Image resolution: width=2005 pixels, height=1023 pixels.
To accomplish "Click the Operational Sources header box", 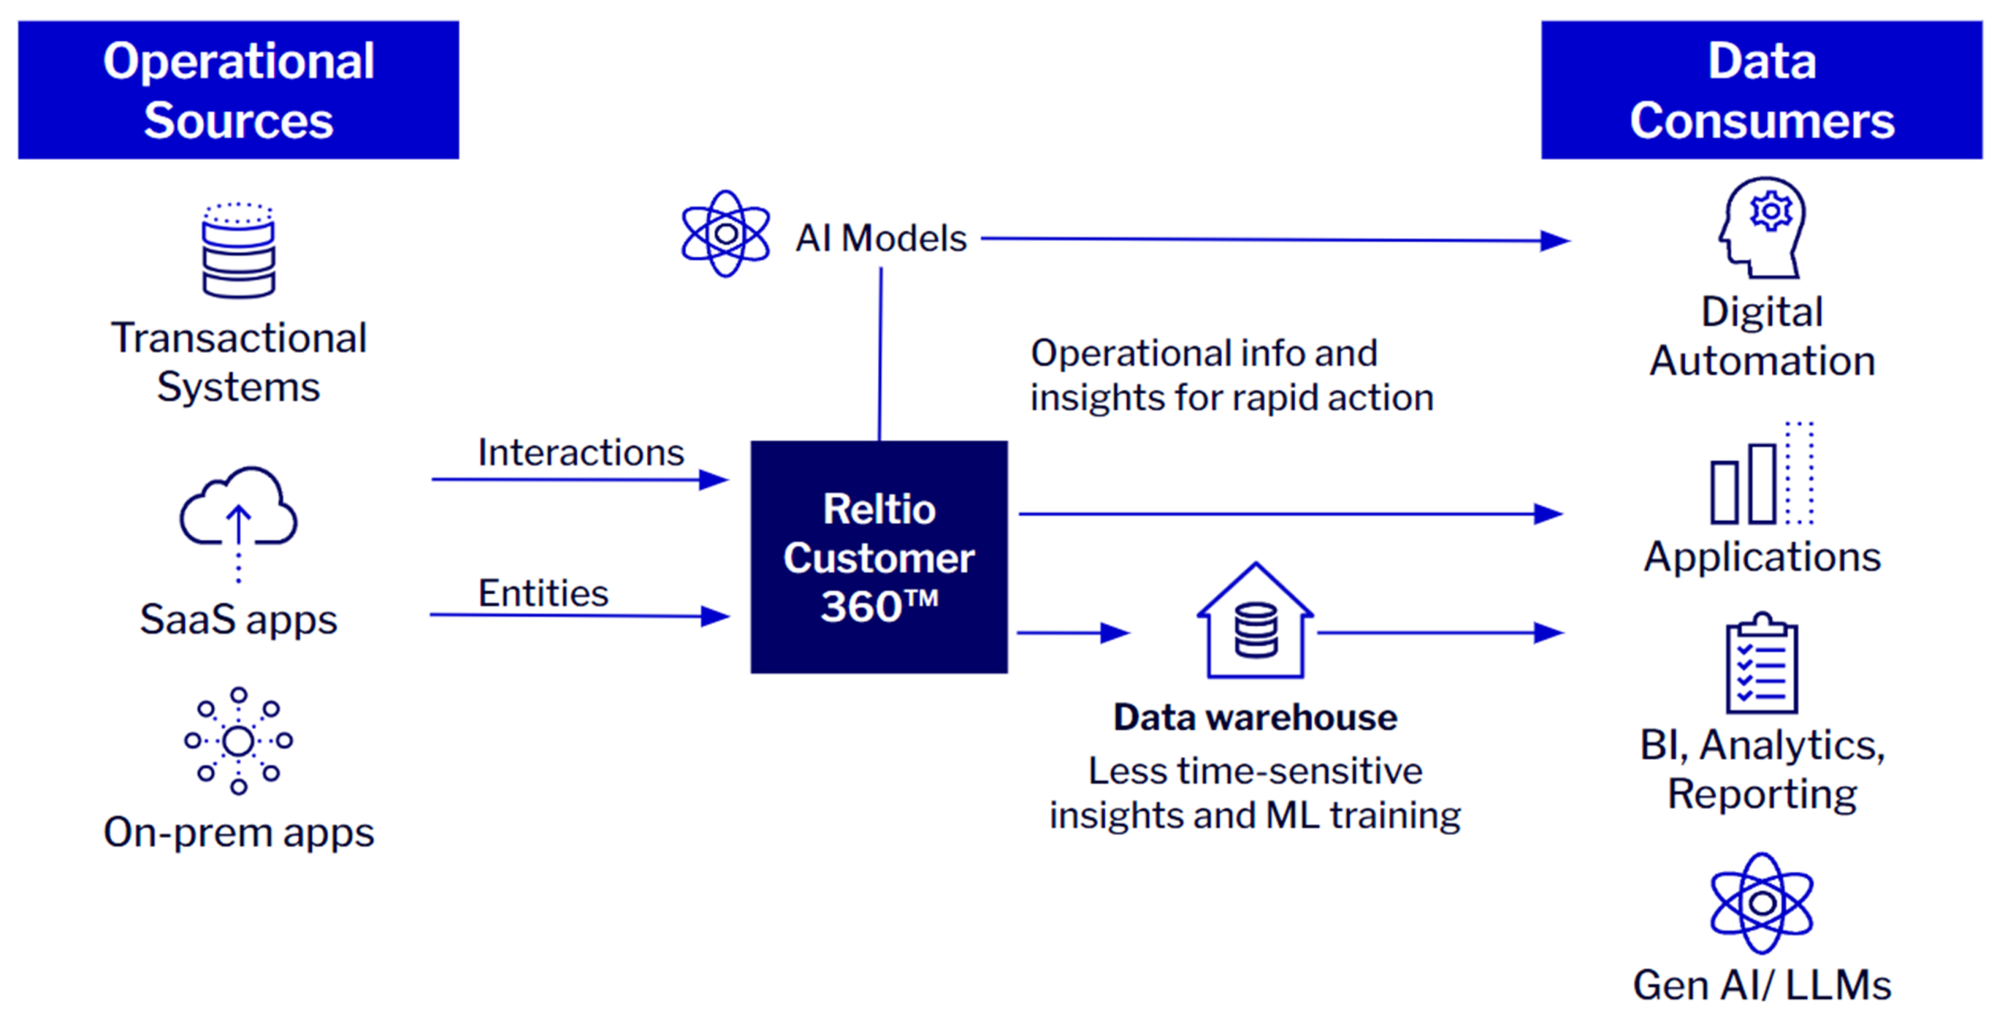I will (238, 90).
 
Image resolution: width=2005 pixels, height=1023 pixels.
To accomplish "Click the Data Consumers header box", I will (1761, 90).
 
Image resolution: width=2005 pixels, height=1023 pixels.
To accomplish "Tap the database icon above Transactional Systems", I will (238, 251).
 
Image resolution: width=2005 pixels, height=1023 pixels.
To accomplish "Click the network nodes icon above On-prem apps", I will (238, 740).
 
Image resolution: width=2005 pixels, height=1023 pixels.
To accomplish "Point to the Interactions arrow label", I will (580, 453).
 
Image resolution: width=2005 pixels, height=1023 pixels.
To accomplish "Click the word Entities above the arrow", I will (543, 593).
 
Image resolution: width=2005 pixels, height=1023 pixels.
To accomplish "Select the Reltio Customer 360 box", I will (879, 557).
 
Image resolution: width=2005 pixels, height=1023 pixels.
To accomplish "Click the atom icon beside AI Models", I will (725, 233).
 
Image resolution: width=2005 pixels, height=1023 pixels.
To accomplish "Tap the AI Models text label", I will (880, 238).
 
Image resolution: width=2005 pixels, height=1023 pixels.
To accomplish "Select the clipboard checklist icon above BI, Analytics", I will (1761, 664).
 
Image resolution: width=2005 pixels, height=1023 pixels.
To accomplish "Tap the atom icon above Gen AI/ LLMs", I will (1761, 903).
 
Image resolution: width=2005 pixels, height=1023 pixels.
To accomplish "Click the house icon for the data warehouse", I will (1255, 623).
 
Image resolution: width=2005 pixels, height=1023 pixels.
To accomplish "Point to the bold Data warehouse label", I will (1255, 718).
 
